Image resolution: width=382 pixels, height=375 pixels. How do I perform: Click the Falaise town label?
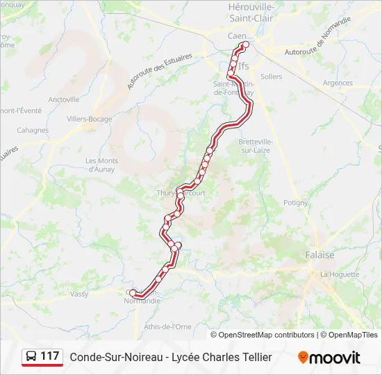point(319,255)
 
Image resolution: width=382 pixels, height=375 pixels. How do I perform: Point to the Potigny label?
point(295,203)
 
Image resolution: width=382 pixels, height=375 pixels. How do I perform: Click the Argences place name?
point(338,83)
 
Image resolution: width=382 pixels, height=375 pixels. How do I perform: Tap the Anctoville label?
point(65,99)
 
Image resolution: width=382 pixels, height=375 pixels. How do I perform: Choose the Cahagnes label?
point(33,130)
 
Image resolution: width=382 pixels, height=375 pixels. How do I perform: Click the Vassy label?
point(79,294)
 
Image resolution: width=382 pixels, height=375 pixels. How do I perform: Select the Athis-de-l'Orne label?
point(167,326)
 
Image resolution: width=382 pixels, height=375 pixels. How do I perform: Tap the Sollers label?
point(272,76)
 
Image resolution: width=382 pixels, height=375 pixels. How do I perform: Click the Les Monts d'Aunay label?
point(101,165)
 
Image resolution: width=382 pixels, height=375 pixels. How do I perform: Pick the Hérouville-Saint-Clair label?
point(251,13)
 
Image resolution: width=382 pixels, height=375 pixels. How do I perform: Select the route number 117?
point(50,356)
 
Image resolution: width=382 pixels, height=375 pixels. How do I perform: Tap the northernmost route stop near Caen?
point(244,45)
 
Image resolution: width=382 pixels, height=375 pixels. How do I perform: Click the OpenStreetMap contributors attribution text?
point(267,335)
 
